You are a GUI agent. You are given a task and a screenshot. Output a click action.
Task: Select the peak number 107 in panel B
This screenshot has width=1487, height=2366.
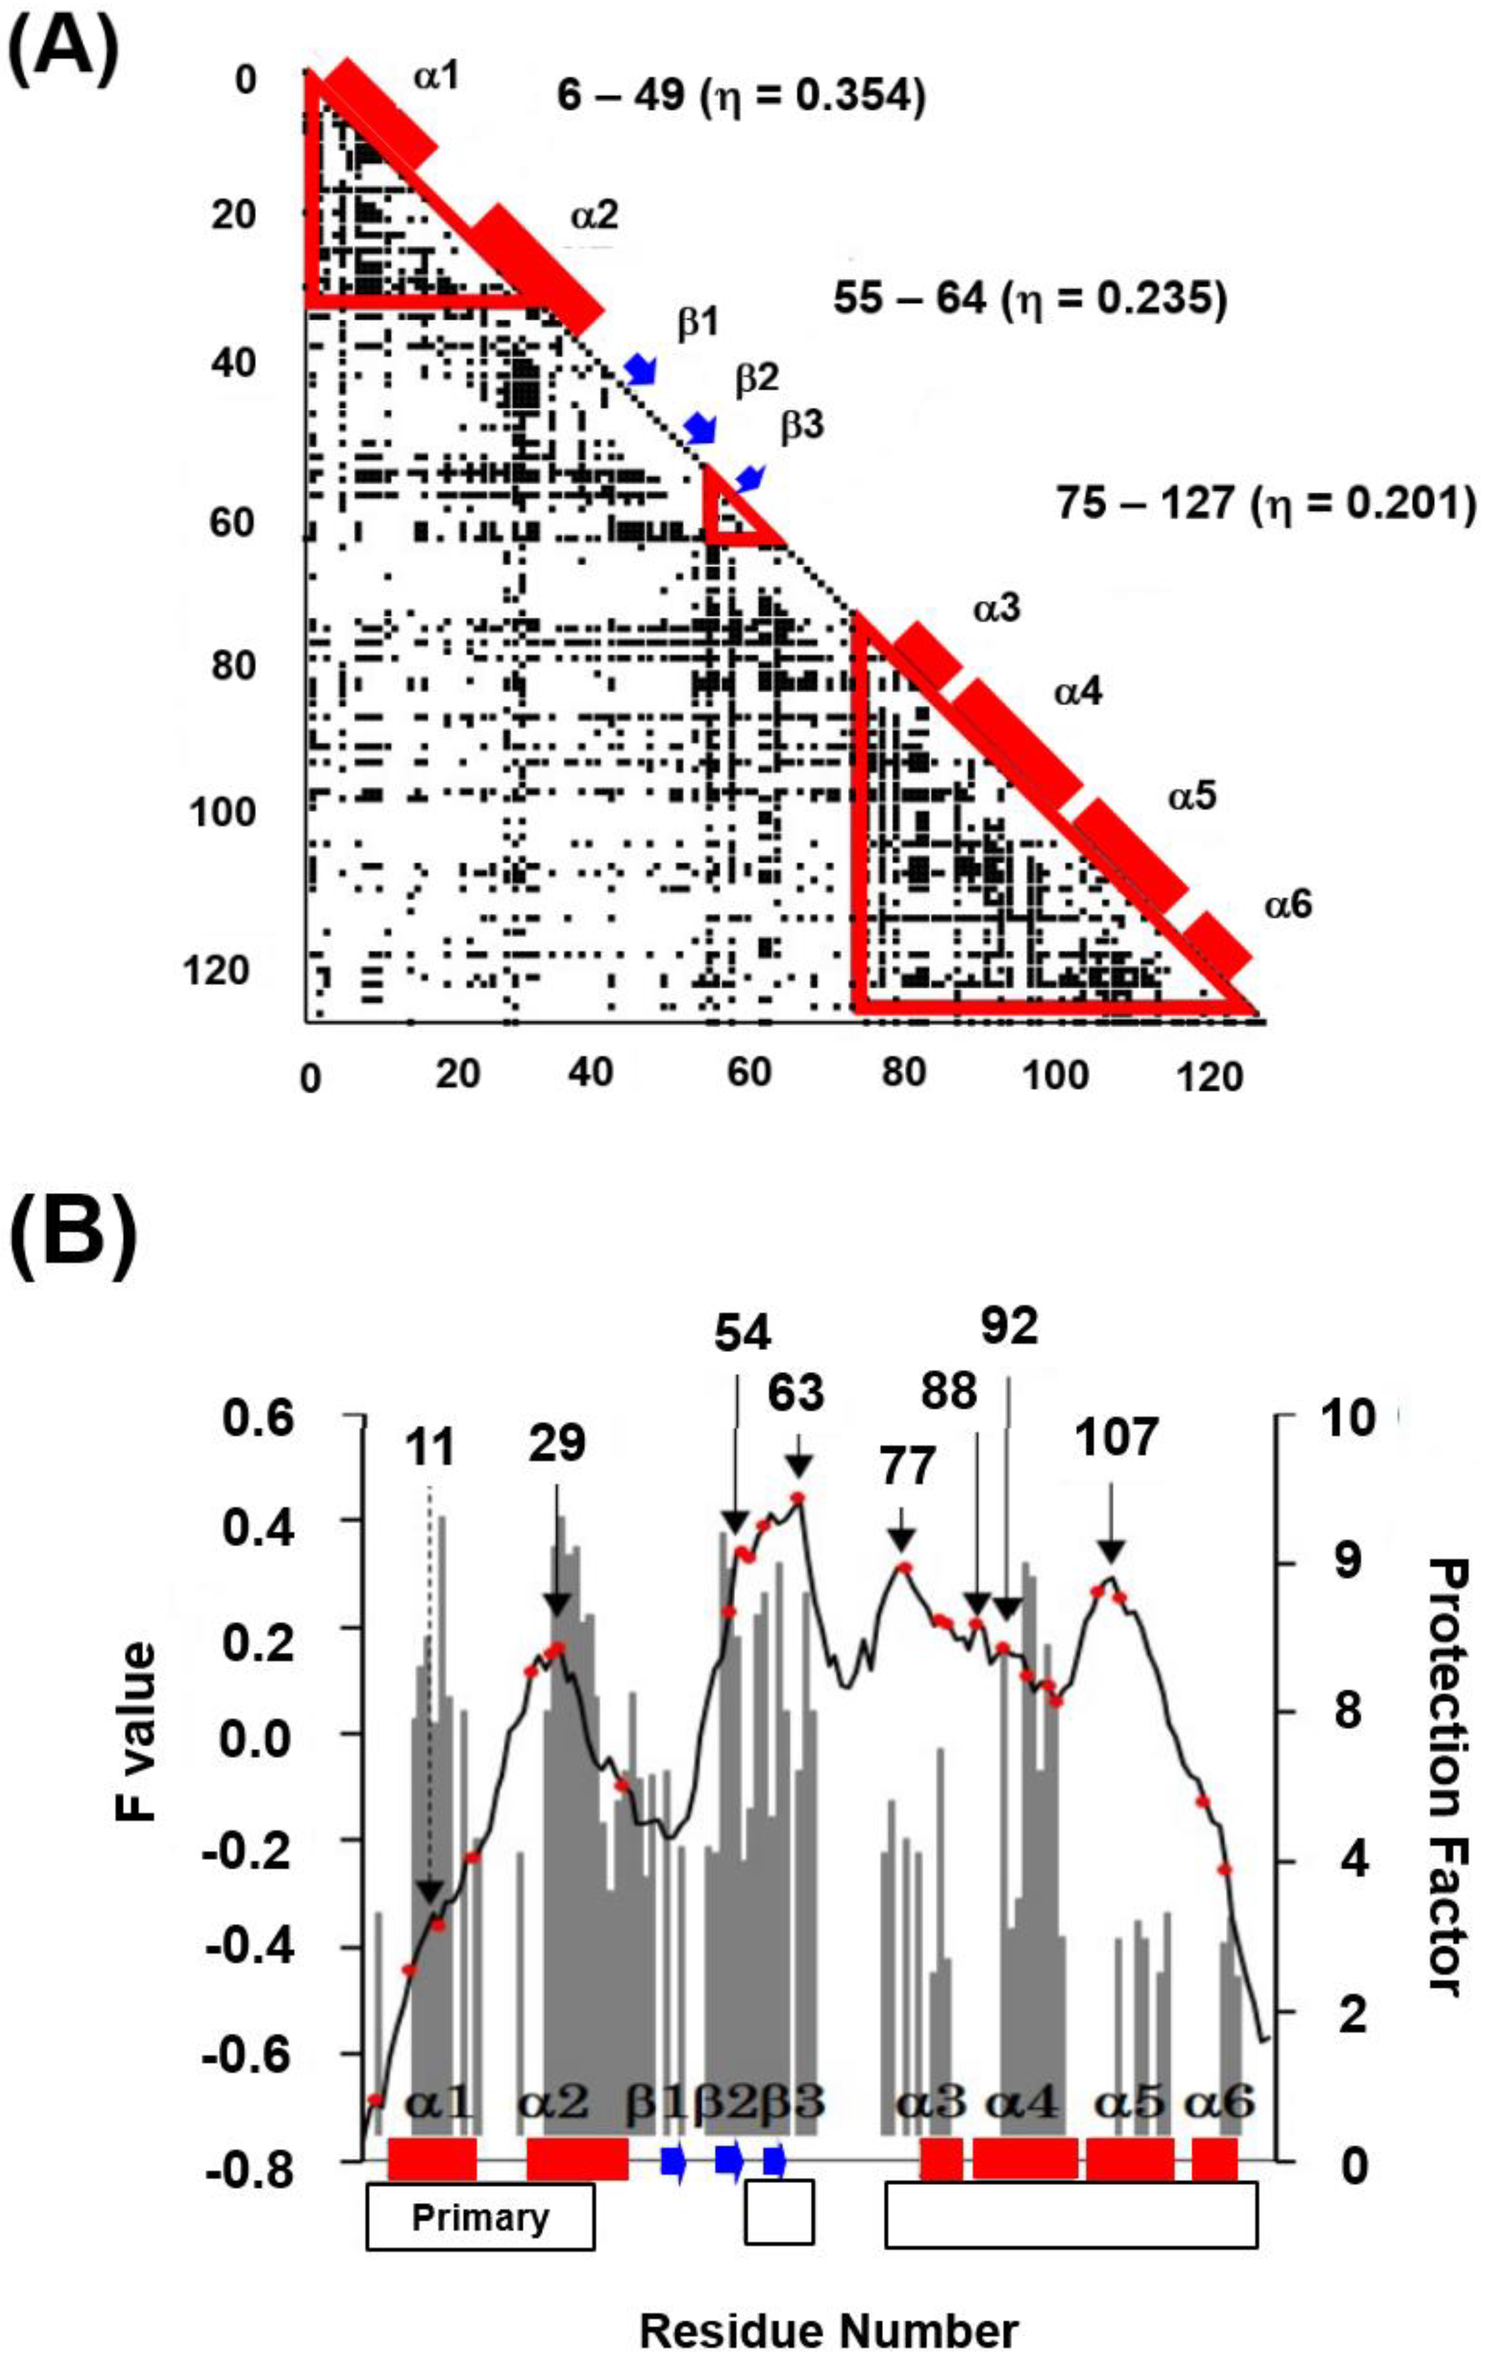point(1116,1438)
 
